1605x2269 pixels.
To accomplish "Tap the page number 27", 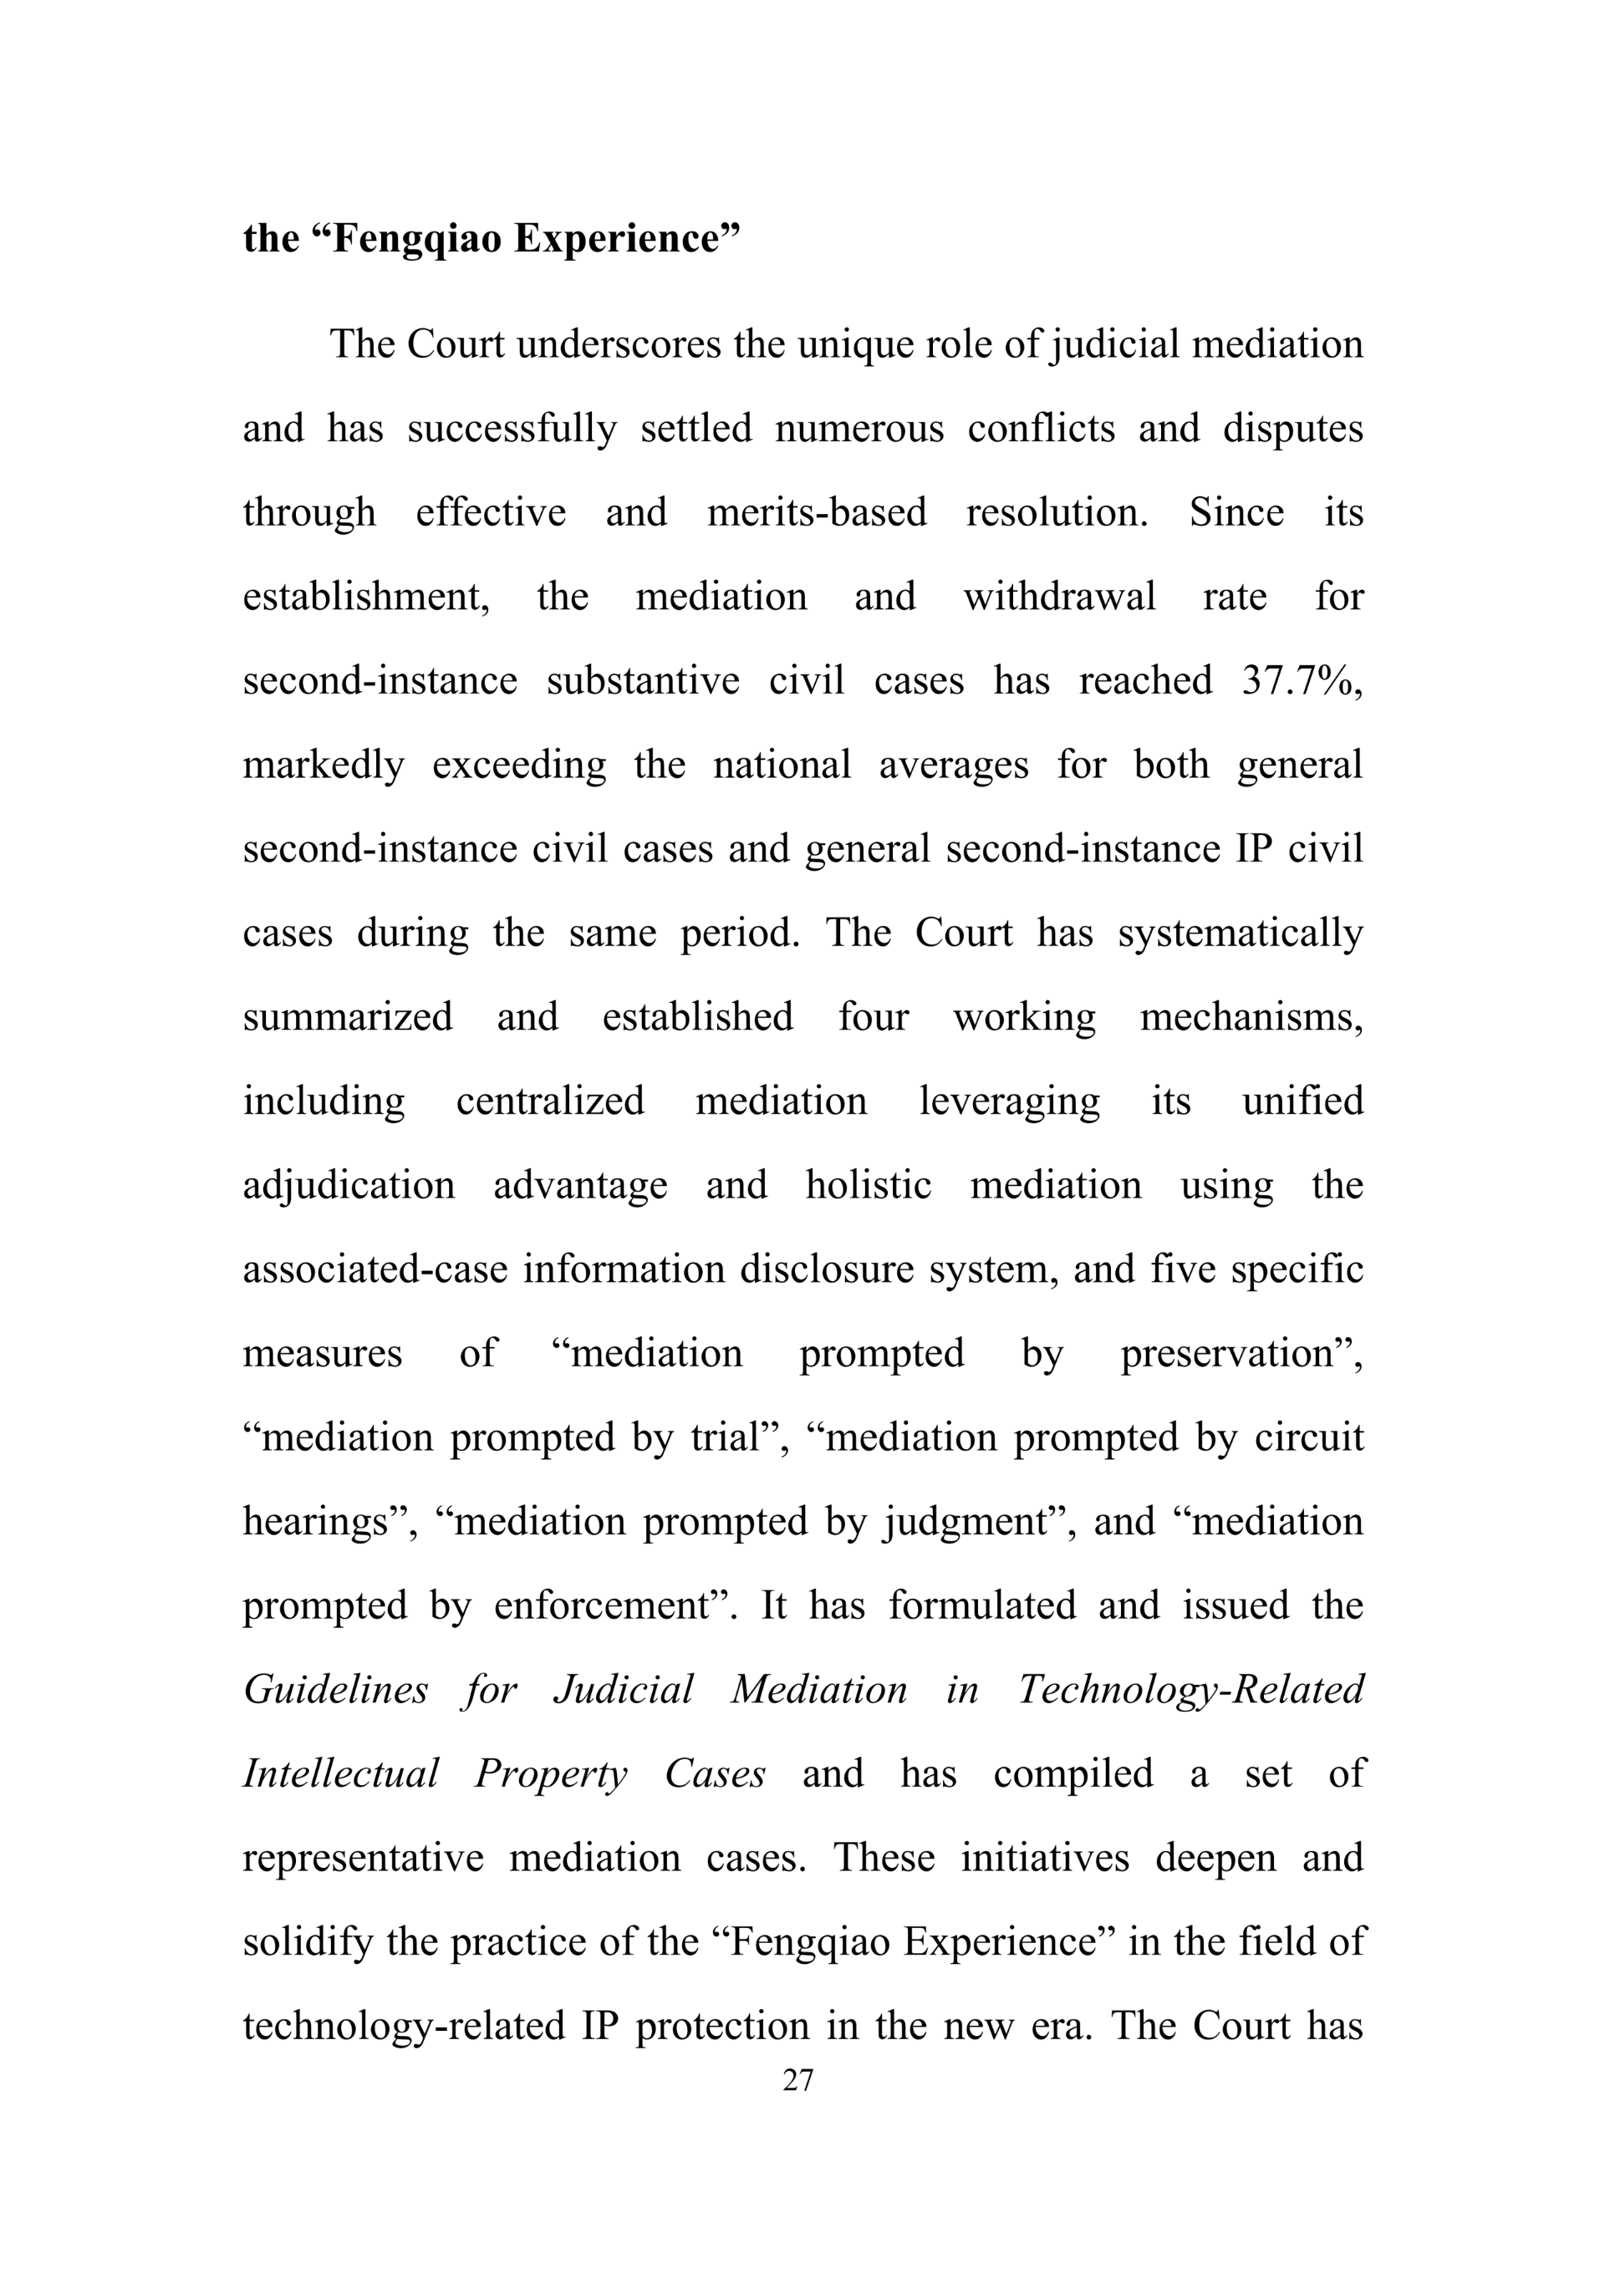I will [x=797, y=2080].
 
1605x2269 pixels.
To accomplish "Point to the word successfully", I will [x=512, y=429].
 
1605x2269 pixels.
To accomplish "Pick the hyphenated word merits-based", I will [x=817, y=513].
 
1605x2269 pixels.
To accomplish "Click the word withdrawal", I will [x=1058, y=597].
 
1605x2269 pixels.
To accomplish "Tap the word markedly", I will [x=324, y=765].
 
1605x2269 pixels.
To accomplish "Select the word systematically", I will [x=1241, y=933].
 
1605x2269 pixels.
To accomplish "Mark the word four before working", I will [x=873, y=1017].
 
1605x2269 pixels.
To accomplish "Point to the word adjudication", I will [x=349, y=1185].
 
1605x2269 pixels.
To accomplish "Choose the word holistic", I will [x=868, y=1185].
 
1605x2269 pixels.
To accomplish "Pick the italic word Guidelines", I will [x=335, y=1690].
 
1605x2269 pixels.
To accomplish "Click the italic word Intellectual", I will [x=340, y=1774].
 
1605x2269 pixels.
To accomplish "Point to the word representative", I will [x=363, y=1858].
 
